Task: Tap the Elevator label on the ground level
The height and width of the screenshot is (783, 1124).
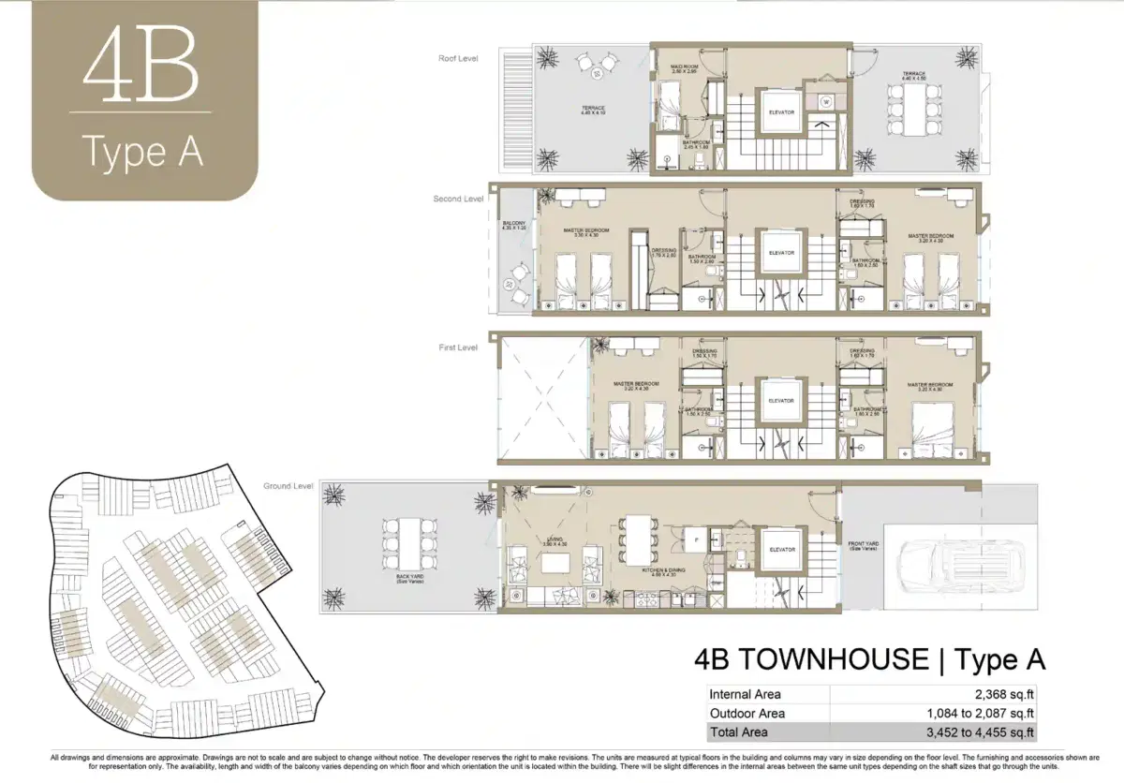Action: [x=781, y=550]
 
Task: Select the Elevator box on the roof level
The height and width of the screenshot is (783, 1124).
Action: [x=781, y=112]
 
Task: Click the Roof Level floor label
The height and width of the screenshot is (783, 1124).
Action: [x=458, y=58]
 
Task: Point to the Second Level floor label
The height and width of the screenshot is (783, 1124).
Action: [x=458, y=199]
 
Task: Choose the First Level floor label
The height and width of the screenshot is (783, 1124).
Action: [x=458, y=347]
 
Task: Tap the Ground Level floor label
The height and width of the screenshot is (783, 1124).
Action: [x=288, y=486]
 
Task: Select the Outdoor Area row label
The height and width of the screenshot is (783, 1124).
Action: [x=747, y=714]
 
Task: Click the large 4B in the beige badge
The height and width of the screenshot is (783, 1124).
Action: [x=141, y=70]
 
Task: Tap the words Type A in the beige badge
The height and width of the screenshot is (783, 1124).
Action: [x=142, y=151]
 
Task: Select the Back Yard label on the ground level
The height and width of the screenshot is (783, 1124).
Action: [x=409, y=578]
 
